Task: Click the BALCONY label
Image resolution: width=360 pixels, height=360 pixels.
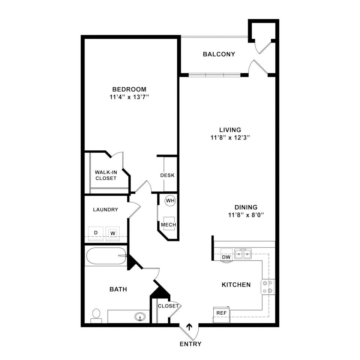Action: click(x=219, y=54)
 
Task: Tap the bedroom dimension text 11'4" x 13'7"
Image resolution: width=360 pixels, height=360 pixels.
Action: click(x=129, y=97)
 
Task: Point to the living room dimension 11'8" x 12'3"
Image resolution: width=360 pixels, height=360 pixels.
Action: click(x=230, y=138)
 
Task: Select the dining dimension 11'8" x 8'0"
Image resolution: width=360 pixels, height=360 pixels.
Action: click(x=246, y=215)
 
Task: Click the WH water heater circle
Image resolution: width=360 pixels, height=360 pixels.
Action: click(x=170, y=200)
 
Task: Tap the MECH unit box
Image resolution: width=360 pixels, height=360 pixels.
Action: click(x=169, y=223)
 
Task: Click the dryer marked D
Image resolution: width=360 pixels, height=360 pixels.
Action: click(x=96, y=234)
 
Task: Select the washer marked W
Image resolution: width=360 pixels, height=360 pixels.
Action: click(x=112, y=234)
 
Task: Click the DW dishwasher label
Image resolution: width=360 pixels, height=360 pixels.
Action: click(x=226, y=257)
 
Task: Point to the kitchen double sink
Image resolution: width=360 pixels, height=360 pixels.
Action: click(x=243, y=254)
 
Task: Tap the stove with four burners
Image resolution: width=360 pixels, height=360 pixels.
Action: click(x=268, y=287)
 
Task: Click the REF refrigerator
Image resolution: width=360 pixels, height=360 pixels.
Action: click(x=222, y=315)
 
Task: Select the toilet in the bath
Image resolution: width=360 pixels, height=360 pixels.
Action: click(x=96, y=316)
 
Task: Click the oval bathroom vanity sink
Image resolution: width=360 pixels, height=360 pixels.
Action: click(x=140, y=317)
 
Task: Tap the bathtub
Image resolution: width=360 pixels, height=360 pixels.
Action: click(x=106, y=256)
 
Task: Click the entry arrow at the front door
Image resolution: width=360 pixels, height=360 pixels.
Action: click(x=189, y=327)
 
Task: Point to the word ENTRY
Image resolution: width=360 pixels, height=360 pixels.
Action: click(x=190, y=344)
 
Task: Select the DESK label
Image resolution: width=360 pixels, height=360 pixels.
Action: click(x=167, y=175)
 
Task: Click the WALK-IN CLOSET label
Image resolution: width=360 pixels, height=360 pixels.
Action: click(x=106, y=175)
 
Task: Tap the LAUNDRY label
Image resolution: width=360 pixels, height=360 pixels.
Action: click(x=106, y=210)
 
